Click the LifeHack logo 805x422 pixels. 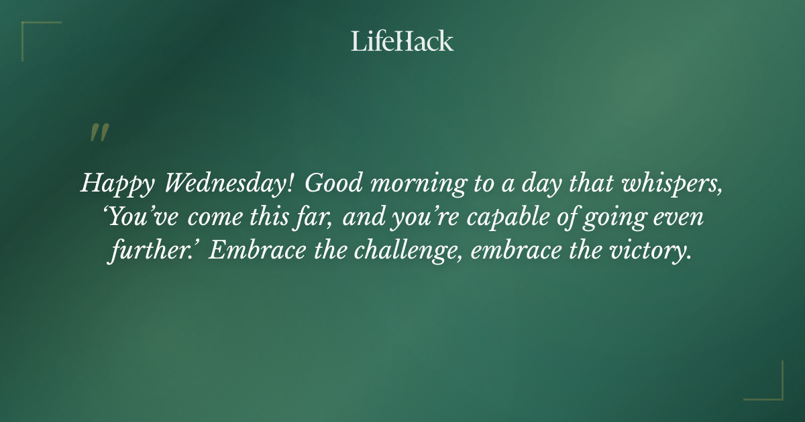tap(402, 42)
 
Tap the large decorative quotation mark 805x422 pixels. tap(99, 133)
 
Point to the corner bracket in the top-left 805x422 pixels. tap(34, 32)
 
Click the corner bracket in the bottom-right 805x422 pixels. tap(771, 389)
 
